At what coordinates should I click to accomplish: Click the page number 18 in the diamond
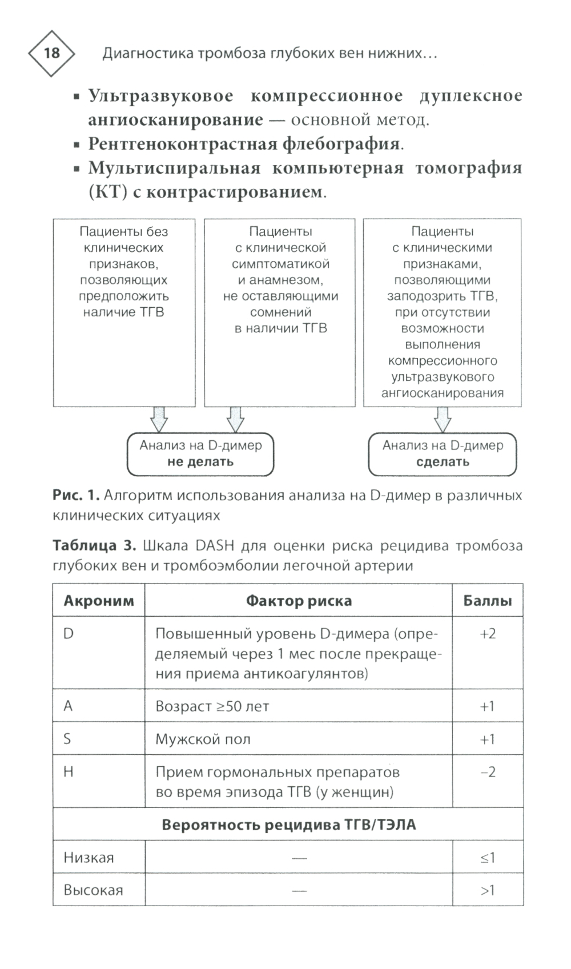click(x=51, y=53)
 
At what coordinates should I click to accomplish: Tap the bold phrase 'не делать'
click(x=200, y=462)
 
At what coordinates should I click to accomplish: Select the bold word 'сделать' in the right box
click(x=443, y=462)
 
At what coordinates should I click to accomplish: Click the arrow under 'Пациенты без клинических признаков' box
click(x=159, y=420)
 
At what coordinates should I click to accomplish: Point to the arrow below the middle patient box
click(x=235, y=420)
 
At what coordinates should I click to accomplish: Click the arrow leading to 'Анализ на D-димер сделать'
click(x=443, y=420)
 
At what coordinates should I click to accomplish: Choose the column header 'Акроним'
click(x=99, y=601)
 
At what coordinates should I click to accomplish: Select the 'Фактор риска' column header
click(x=299, y=601)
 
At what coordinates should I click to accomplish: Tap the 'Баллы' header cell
click(x=487, y=601)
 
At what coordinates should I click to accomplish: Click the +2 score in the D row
click(x=488, y=634)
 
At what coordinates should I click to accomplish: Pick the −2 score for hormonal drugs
click(x=488, y=772)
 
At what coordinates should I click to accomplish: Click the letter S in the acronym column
click(x=67, y=739)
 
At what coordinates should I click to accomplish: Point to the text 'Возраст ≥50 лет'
click(x=212, y=706)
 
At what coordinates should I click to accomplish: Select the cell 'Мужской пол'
click(x=203, y=739)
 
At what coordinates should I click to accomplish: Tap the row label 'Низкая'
click(x=89, y=858)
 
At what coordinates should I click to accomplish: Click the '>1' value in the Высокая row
click(x=488, y=890)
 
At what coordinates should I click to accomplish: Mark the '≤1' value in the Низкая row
click(x=488, y=858)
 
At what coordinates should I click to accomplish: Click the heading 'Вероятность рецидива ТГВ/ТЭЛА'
click(x=288, y=825)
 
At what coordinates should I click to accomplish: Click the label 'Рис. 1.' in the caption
click(x=76, y=495)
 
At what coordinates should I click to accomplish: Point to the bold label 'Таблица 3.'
click(x=94, y=545)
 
